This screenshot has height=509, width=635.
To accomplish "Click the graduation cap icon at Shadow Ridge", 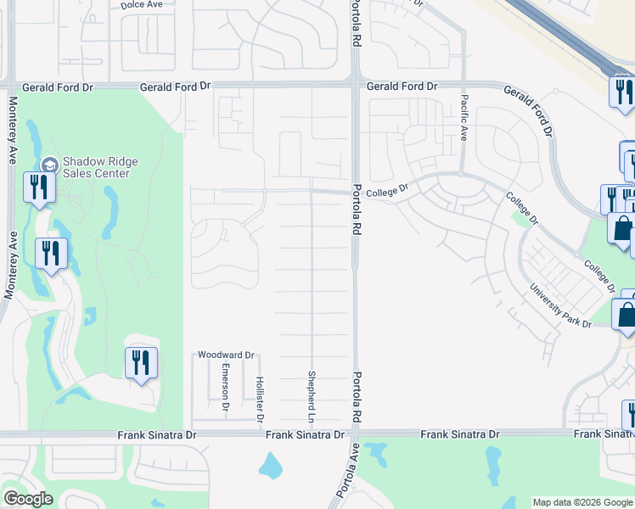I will click(x=49, y=165).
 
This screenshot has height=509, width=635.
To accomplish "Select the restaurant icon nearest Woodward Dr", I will click(x=141, y=363).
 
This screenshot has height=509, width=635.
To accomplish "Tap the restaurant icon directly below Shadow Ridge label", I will click(x=39, y=187).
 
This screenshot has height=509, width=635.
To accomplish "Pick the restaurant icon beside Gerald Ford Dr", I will click(x=622, y=92).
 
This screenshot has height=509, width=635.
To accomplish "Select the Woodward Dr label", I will click(x=226, y=355).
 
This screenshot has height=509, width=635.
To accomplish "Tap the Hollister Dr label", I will click(x=260, y=398).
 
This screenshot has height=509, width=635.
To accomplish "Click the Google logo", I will click(x=28, y=499).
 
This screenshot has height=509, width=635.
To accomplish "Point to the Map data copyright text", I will click(x=582, y=502).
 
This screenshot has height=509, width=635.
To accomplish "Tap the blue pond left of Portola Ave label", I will click(x=270, y=464).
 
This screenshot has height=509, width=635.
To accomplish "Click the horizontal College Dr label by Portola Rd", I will click(x=388, y=193).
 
